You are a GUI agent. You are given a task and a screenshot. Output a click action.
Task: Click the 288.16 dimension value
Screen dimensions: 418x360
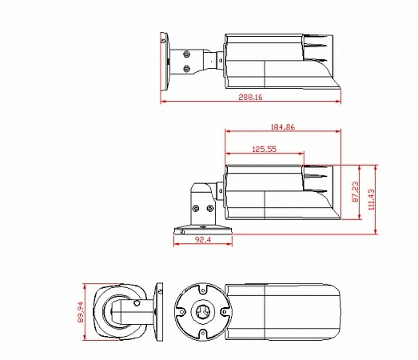[x=250, y=97]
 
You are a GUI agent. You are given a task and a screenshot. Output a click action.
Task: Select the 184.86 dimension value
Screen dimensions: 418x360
[x=283, y=126]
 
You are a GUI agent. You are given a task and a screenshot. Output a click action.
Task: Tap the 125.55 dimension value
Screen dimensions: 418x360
[x=265, y=149]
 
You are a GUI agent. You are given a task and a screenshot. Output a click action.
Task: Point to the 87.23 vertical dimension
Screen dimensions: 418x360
[x=356, y=192]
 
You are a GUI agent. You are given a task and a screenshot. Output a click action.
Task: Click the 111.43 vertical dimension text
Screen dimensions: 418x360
[x=372, y=199]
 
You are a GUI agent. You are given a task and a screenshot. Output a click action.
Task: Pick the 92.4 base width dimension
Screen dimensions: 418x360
[x=203, y=240]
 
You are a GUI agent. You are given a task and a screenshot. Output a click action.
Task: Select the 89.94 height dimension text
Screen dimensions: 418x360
[x=81, y=312]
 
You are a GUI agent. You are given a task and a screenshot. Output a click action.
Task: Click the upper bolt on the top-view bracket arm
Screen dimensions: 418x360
[x=186, y=54]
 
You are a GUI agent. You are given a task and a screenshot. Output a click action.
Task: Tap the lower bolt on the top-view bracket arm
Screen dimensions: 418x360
[x=186, y=69]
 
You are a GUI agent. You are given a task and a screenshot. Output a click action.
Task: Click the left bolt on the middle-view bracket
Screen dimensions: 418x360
[x=195, y=208]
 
